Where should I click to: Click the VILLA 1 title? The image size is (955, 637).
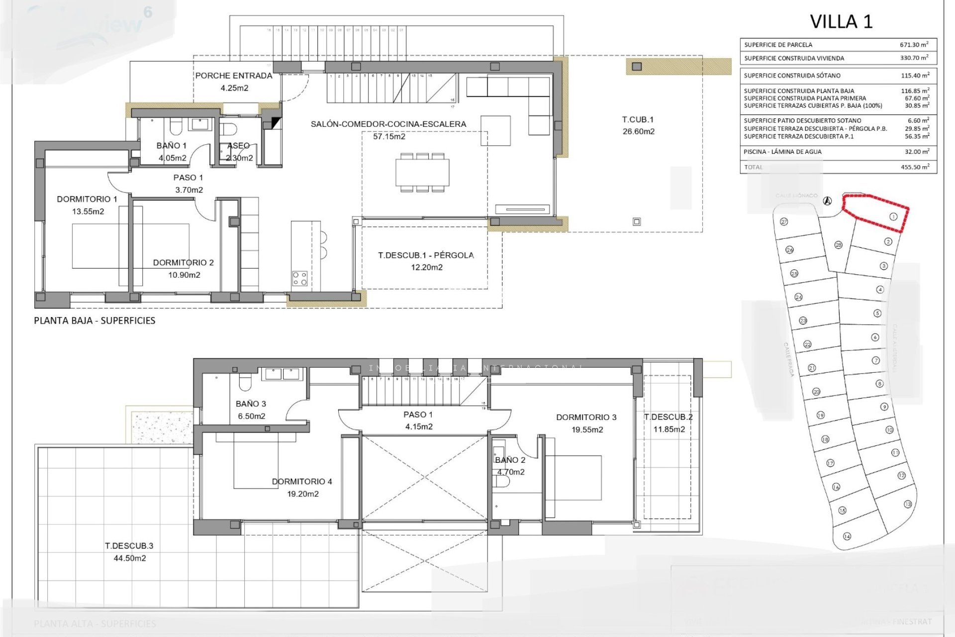click(x=841, y=22)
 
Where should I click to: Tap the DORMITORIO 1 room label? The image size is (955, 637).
click(x=87, y=199)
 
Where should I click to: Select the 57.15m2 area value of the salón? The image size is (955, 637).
click(x=389, y=136)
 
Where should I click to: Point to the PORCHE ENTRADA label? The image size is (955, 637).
click(x=234, y=76)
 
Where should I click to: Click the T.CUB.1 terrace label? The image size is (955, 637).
click(x=638, y=119)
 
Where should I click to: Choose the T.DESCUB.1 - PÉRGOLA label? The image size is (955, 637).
click(x=426, y=255)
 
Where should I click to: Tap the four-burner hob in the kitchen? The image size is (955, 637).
click(x=299, y=278)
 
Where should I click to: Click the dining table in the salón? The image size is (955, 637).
click(x=423, y=172)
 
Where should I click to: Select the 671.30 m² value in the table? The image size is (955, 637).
click(x=914, y=44)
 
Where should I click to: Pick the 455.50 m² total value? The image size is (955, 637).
click(x=914, y=167)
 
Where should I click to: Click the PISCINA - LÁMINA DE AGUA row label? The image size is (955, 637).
click(x=782, y=152)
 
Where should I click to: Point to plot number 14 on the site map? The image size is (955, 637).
click(x=847, y=536)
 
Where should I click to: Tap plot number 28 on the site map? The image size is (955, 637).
click(x=838, y=245)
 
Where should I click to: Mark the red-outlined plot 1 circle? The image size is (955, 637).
click(x=893, y=216)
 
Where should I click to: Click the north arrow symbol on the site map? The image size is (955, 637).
click(x=827, y=201)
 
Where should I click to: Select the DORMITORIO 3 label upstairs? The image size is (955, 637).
click(x=586, y=417)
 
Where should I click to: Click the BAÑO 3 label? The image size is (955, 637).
click(x=251, y=404)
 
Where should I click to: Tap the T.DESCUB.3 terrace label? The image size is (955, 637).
click(x=129, y=546)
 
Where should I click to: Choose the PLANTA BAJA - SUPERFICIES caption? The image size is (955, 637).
click(x=95, y=321)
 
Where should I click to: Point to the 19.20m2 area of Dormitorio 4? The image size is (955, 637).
click(x=302, y=494)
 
